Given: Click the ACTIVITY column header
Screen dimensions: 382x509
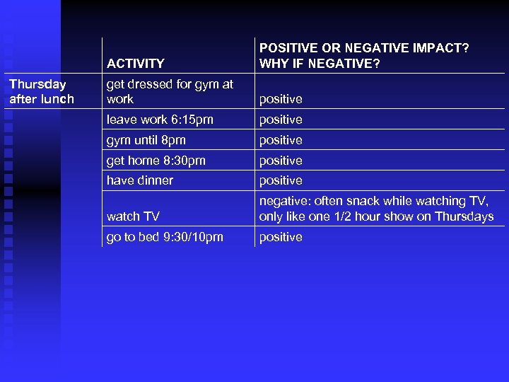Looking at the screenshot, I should [135, 64].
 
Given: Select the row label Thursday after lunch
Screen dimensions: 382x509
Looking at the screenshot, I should [41, 91].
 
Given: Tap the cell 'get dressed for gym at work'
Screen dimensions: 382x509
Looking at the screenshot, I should [170, 91].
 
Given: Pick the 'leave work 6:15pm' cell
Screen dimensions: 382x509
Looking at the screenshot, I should [160, 120].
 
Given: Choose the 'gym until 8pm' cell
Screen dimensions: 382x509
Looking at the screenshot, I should [146, 140].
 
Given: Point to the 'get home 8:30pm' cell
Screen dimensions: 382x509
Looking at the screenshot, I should [156, 161].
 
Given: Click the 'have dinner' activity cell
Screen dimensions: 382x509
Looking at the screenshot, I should [139, 180].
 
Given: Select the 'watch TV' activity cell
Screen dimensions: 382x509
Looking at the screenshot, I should [133, 216].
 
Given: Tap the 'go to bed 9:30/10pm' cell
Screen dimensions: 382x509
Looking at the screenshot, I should [165, 237].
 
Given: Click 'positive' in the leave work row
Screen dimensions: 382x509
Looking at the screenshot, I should [281, 120].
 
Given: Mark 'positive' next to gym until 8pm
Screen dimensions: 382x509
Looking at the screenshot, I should [281, 140].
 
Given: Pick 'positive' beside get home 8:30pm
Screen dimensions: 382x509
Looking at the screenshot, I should [281, 161].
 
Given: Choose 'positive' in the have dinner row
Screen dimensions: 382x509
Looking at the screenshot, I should [281, 180].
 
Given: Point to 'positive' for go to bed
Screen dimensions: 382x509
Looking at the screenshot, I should [281, 237].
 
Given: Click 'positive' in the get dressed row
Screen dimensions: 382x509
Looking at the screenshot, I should [281, 99].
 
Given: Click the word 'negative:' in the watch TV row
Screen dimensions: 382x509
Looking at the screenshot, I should [284, 202].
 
